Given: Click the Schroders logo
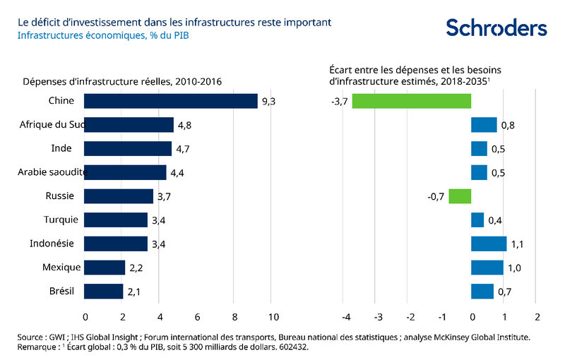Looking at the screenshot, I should pyautogui.click(x=496, y=28).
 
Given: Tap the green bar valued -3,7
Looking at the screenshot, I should pyautogui.click(x=411, y=101).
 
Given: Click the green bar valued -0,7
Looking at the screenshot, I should pyautogui.click(x=459, y=196).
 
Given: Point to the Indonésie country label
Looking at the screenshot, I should pyautogui.click(x=54, y=244).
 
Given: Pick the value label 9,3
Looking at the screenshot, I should pyautogui.click(x=268, y=102).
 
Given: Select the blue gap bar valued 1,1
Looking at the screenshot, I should pyautogui.click(x=489, y=244).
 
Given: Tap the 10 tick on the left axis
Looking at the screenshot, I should pyautogui.click(x=271, y=316).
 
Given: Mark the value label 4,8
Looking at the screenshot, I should pyautogui.click(x=185, y=126).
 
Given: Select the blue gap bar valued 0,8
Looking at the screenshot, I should pyautogui.click(x=484, y=125).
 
